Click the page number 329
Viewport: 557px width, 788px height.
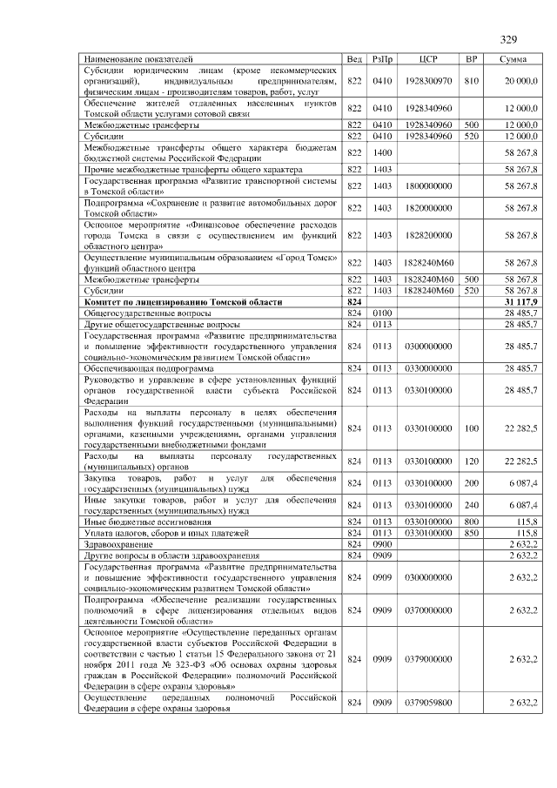pos(509,39)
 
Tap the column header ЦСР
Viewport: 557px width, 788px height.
pos(427,58)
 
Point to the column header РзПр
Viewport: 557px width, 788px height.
pos(382,58)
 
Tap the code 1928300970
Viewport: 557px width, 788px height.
pos(427,80)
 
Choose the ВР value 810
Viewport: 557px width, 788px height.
pos(472,80)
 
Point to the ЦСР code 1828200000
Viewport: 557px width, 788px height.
pos(427,235)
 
